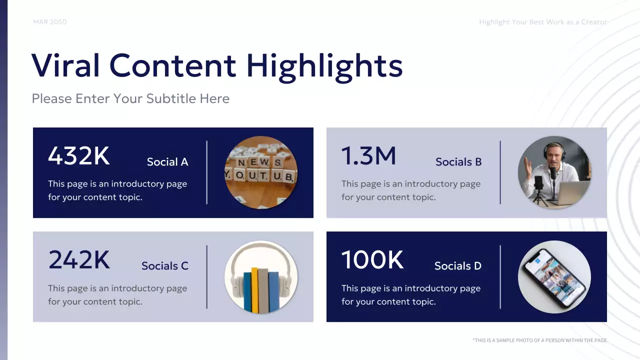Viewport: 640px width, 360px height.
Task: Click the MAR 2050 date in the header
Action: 49,22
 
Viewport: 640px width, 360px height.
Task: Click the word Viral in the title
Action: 65,65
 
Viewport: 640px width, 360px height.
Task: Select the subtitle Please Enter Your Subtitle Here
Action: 130,98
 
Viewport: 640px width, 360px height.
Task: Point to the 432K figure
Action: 78,155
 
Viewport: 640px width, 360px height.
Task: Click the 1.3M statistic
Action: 368,156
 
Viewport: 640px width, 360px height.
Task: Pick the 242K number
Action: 79,260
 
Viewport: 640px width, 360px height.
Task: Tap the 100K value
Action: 372,260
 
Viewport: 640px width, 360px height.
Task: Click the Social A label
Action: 167,162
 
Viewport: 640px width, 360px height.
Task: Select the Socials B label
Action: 458,162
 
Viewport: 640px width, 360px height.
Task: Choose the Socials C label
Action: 165,266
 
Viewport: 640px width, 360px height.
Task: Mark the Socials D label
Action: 458,266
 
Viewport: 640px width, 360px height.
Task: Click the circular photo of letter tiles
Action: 261,172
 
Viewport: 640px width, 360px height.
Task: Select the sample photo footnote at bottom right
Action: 539,340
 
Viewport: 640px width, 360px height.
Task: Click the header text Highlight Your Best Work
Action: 543,22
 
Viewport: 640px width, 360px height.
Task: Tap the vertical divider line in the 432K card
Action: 207,172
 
